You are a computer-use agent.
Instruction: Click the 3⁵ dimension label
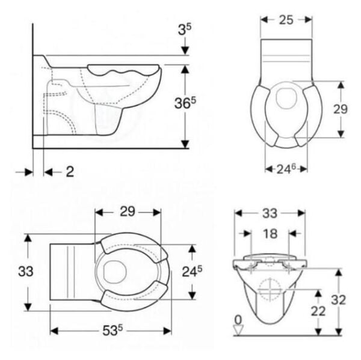click(x=185, y=29)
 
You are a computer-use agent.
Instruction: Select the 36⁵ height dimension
click(x=185, y=103)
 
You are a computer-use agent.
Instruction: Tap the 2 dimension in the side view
click(x=70, y=172)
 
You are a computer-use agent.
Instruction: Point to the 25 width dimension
click(x=286, y=20)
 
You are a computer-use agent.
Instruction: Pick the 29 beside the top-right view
click(x=340, y=109)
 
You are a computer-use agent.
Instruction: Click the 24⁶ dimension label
click(x=286, y=169)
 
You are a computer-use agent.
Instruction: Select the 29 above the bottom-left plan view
click(x=128, y=212)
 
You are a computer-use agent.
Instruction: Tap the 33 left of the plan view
click(x=25, y=271)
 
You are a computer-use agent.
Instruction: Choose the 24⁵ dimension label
click(x=192, y=272)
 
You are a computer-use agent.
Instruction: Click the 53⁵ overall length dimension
click(x=113, y=331)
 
